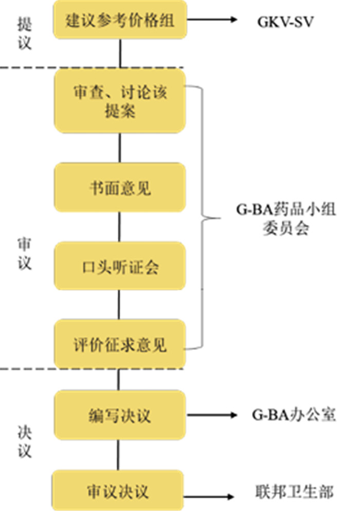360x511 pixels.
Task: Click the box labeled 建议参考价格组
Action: click(120, 21)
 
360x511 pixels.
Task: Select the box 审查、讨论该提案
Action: click(120, 101)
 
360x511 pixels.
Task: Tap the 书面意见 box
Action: click(120, 188)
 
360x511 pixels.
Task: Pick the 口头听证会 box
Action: click(120, 267)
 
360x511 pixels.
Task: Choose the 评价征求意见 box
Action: click(120, 344)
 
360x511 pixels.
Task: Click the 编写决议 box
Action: click(120, 414)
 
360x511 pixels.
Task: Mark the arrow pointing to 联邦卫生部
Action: click(211, 498)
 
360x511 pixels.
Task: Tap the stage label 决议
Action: click(24, 441)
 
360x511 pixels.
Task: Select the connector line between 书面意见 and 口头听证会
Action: click(120, 227)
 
